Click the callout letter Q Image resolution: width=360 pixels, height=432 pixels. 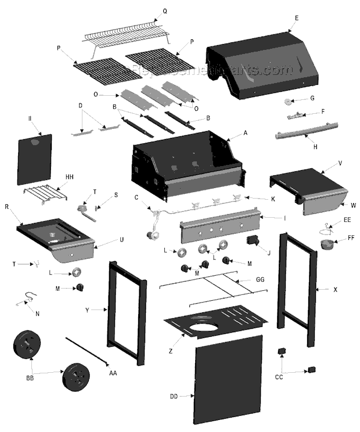pyautogui.click(x=164, y=11)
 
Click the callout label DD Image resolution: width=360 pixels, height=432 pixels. pyautogui.click(x=174, y=397)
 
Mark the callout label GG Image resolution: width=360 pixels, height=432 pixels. pyautogui.click(x=260, y=279)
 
